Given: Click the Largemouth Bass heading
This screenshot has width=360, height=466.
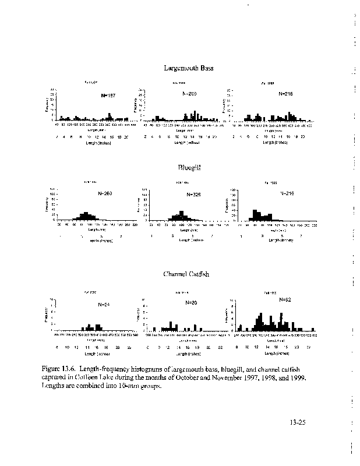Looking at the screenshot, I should click(188, 68).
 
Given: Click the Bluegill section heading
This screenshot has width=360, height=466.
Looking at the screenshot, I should click(188, 167).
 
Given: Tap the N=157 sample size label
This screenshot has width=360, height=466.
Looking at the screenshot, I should click(109, 96).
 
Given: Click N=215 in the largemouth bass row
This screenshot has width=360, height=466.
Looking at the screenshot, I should click(286, 94).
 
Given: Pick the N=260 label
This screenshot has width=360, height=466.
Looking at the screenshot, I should click(105, 193).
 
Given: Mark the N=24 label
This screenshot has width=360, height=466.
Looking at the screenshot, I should click(104, 304).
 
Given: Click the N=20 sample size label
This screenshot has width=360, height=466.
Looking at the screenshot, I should click(191, 303).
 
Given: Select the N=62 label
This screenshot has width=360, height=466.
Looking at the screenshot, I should click(285, 299).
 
